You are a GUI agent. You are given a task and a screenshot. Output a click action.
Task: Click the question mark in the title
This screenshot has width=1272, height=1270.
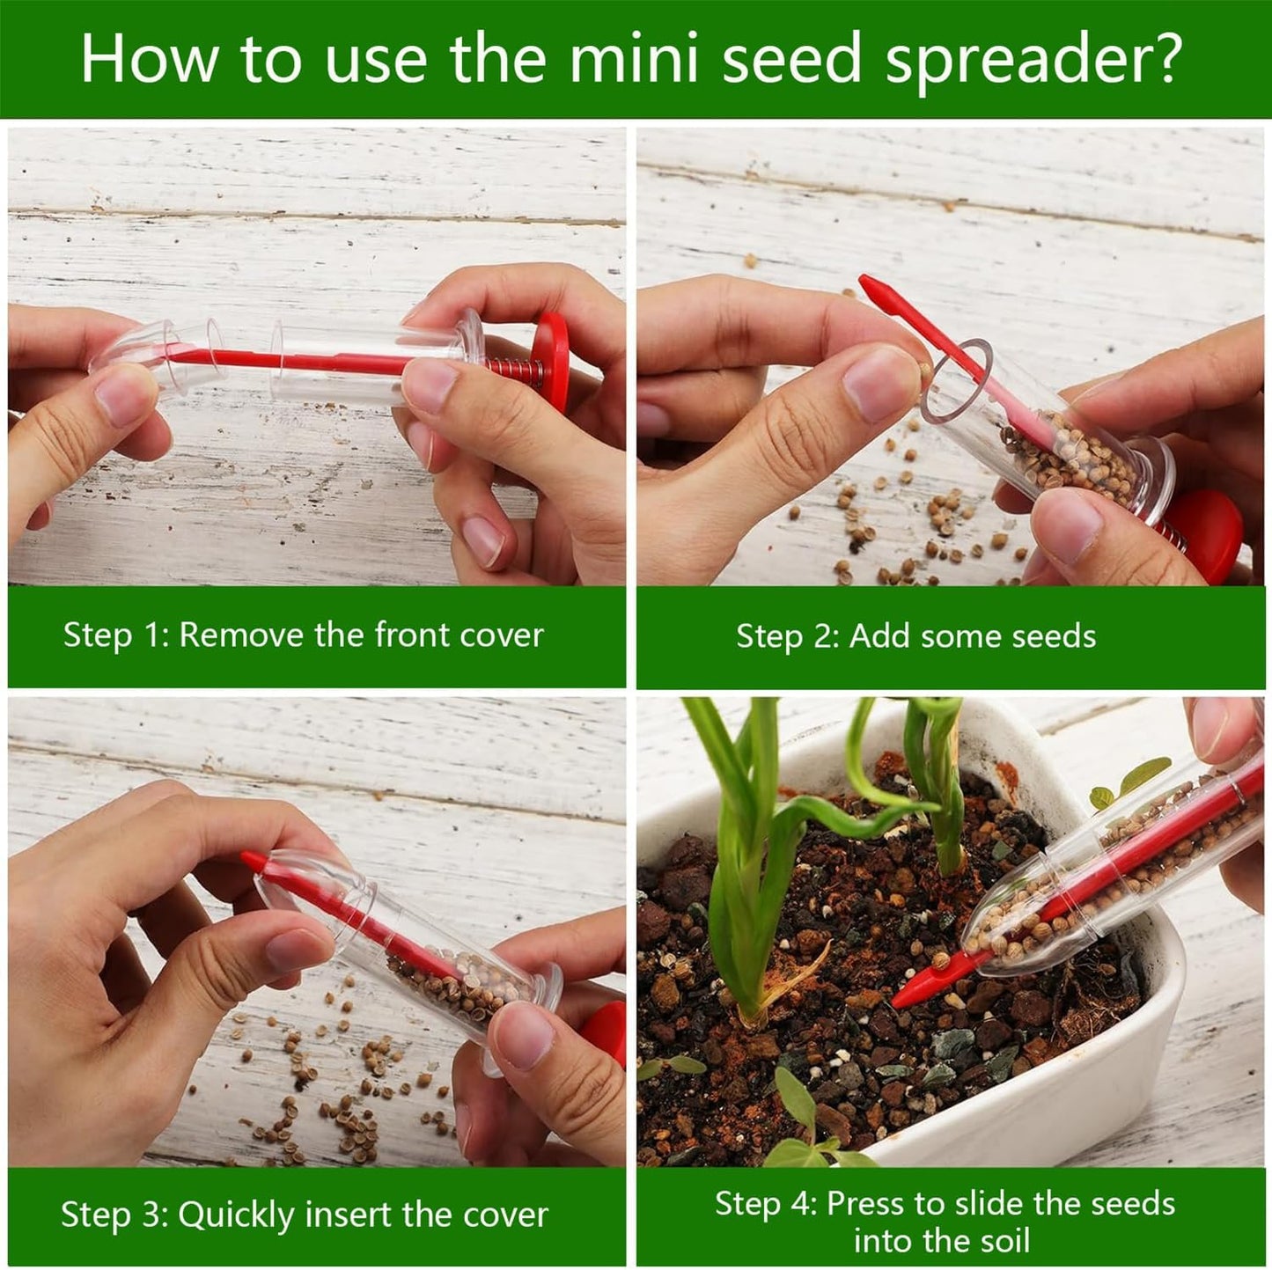pyautogui.click(x=1165, y=60)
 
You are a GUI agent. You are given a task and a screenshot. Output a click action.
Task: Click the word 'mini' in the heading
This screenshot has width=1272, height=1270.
pyautogui.click(x=633, y=60)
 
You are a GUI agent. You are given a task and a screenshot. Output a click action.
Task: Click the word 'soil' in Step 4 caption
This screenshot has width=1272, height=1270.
pyautogui.click(x=1003, y=1241)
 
